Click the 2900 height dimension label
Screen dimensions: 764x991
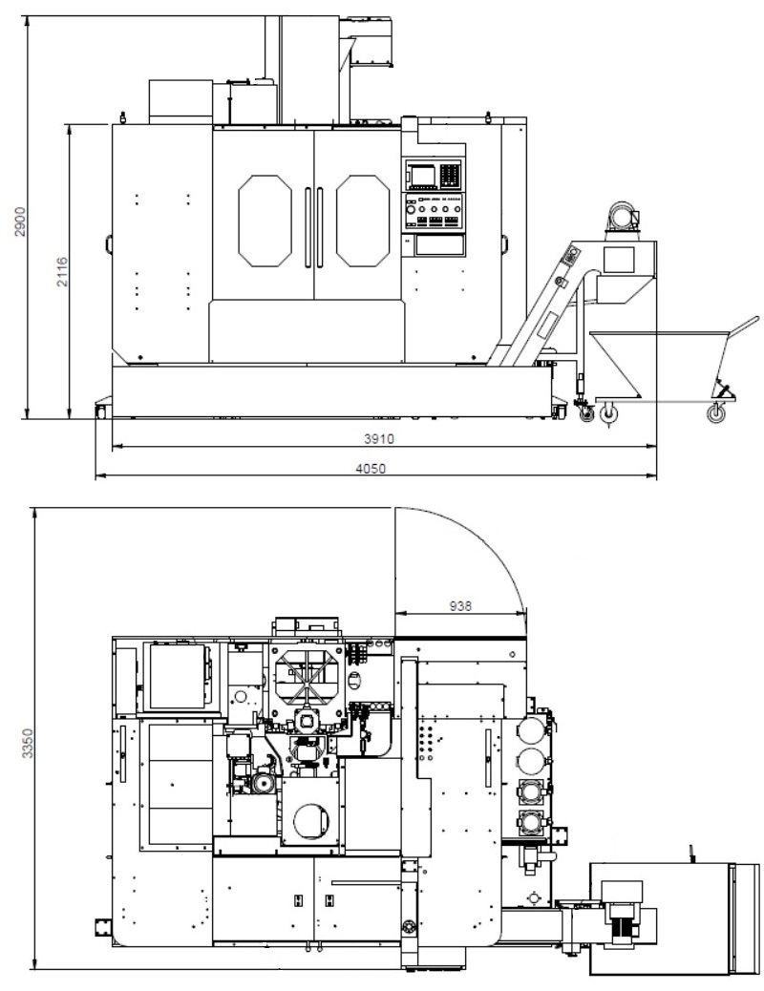click(21, 221)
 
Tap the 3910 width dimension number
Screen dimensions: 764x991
click(379, 438)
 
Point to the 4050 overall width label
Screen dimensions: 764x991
click(371, 469)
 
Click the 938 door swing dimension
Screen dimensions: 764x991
click(460, 605)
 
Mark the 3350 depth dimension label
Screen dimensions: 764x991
click(27, 743)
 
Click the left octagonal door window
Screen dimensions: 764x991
click(265, 221)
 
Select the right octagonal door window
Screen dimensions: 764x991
click(362, 221)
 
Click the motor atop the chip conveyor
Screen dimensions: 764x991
click(623, 218)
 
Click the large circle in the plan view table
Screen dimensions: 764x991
click(311, 821)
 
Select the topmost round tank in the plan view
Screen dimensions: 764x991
click(533, 731)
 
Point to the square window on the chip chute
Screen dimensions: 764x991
click(619, 260)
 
